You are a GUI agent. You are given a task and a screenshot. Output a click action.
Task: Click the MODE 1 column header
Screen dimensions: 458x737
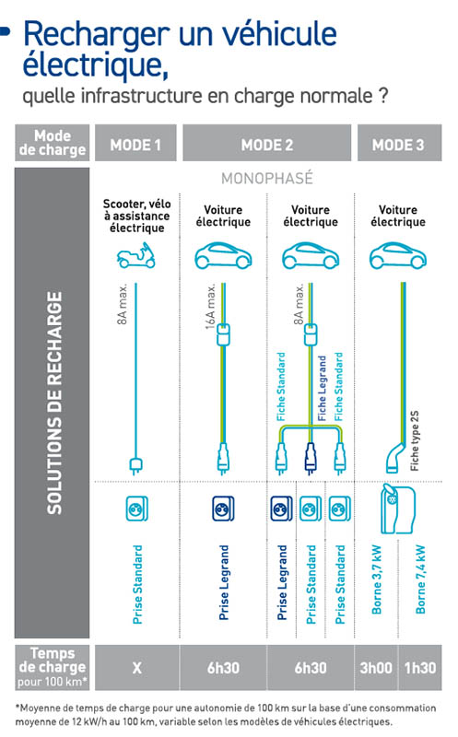135,143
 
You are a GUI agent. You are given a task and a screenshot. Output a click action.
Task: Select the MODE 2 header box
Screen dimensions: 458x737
266,143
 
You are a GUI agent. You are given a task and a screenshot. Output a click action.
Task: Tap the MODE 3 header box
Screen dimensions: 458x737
399,143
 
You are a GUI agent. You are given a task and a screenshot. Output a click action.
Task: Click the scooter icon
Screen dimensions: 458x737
135,256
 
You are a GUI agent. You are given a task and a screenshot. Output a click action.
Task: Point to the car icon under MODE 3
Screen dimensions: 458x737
398,256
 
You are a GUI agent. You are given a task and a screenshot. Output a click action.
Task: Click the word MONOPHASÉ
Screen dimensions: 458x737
266,179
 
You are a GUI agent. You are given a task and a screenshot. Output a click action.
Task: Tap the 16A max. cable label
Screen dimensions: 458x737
210,306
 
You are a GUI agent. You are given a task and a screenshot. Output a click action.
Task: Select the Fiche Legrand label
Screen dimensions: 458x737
323,388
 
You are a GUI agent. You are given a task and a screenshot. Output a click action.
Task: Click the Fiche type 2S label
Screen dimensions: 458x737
415,441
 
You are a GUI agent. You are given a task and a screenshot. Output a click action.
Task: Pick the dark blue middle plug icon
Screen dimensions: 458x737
310,457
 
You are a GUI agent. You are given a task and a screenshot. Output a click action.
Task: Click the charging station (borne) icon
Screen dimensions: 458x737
398,509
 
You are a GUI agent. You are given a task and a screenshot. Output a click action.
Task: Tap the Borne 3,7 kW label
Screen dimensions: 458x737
377,579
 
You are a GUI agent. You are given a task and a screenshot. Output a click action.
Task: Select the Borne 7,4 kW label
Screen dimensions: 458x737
420,579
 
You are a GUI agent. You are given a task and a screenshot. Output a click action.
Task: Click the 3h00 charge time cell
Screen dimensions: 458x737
376,667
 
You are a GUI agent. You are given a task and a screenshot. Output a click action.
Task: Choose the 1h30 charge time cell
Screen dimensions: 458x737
420,667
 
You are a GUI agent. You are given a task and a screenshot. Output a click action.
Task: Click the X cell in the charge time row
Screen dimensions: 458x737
136,667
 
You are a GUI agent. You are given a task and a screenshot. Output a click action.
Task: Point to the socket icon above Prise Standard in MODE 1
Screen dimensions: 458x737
136,509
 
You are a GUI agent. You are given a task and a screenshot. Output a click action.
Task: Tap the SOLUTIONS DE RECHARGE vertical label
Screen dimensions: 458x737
54,403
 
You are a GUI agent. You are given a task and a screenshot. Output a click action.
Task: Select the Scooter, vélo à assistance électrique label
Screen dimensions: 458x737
136,216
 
